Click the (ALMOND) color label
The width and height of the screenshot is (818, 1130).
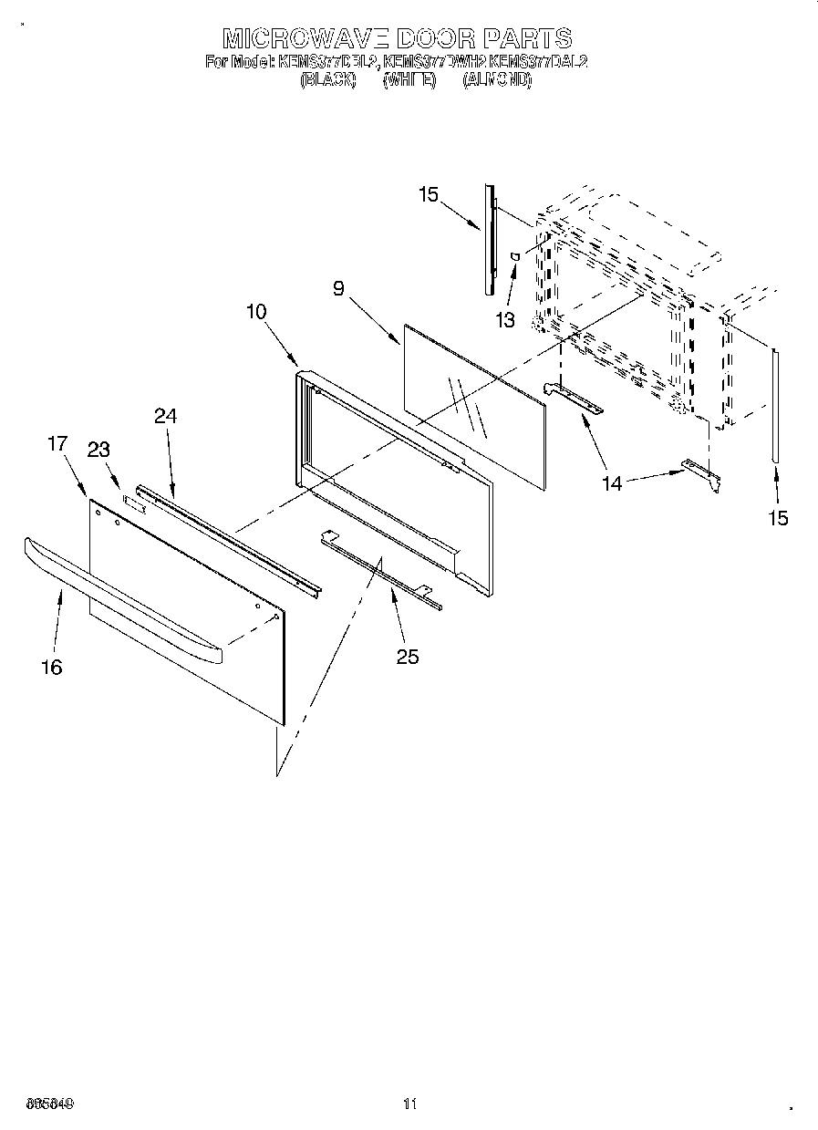pyautogui.click(x=497, y=80)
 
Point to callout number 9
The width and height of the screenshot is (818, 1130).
pyautogui.click(x=338, y=289)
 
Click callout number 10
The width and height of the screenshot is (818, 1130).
pyautogui.click(x=256, y=311)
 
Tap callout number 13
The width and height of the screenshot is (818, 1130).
pyautogui.click(x=504, y=320)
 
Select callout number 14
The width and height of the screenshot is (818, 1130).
pyautogui.click(x=612, y=483)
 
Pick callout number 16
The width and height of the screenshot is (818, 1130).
pyautogui.click(x=52, y=668)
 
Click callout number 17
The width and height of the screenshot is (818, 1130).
pyautogui.click(x=57, y=444)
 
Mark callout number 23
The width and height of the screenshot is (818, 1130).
pyautogui.click(x=98, y=449)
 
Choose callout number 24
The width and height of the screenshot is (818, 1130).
pyautogui.click(x=165, y=416)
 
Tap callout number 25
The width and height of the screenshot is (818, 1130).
pyautogui.click(x=408, y=656)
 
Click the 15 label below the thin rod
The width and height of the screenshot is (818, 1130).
pyautogui.click(x=777, y=518)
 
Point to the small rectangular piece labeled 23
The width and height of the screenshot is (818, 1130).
pyautogui.click(x=134, y=500)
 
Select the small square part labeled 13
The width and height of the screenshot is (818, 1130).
pyautogui.click(x=516, y=257)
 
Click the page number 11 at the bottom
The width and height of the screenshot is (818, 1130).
pyautogui.click(x=409, y=1104)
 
